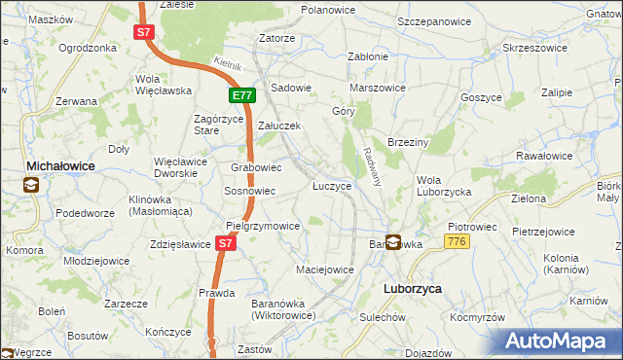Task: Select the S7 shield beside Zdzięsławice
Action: pyautogui.click(x=226, y=244)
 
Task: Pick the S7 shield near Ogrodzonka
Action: pyautogui.click(x=143, y=32)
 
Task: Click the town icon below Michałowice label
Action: pyautogui.click(x=32, y=185)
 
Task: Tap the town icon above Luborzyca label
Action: pyautogui.click(x=393, y=242)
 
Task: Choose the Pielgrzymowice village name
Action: pyautogui.click(x=262, y=225)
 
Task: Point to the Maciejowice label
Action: pyautogui.click(x=324, y=269)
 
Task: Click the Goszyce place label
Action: pyautogui.click(x=482, y=98)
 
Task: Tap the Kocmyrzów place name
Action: pyautogui.click(x=477, y=317)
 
